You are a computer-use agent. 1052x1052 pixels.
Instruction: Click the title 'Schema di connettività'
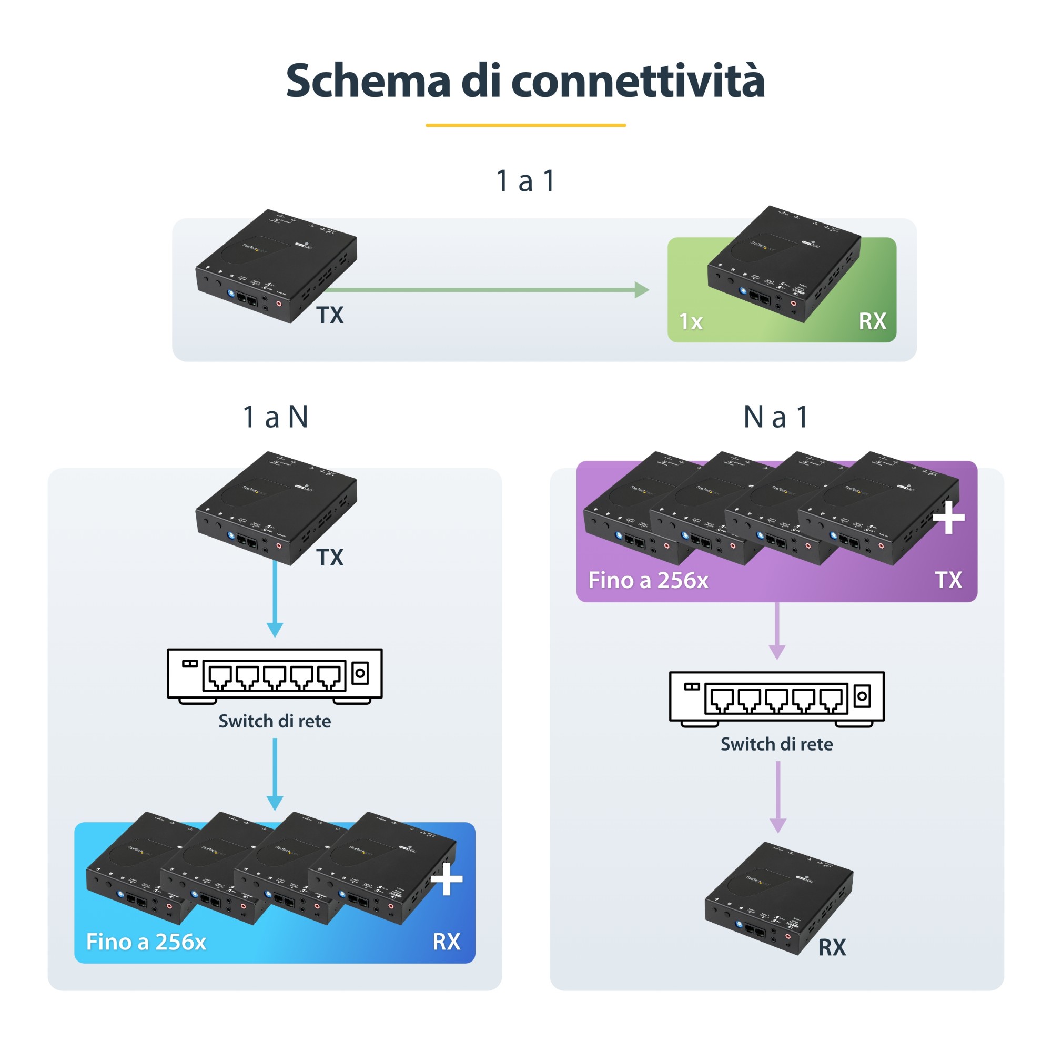(x=525, y=80)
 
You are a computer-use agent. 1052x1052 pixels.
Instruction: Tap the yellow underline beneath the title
(x=525, y=125)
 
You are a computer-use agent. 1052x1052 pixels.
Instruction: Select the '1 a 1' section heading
(x=525, y=181)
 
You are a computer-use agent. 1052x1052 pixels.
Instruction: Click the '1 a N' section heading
(x=276, y=417)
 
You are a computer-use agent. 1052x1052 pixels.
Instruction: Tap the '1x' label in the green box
(x=691, y=322)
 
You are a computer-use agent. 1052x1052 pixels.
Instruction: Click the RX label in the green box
(x=872, y=321)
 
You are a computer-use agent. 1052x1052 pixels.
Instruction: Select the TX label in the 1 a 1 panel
(x=330, y=315)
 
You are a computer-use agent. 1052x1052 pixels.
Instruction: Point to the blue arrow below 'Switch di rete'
(x=275, y=773)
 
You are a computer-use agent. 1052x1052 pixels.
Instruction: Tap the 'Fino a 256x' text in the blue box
(x=146, y=942)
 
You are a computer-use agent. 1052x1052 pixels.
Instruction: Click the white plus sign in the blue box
(x=447, y=879)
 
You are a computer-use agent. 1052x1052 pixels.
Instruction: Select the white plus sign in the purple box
(x=948, y=517)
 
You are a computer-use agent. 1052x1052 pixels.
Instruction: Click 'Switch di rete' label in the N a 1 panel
(x=776, y=744)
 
